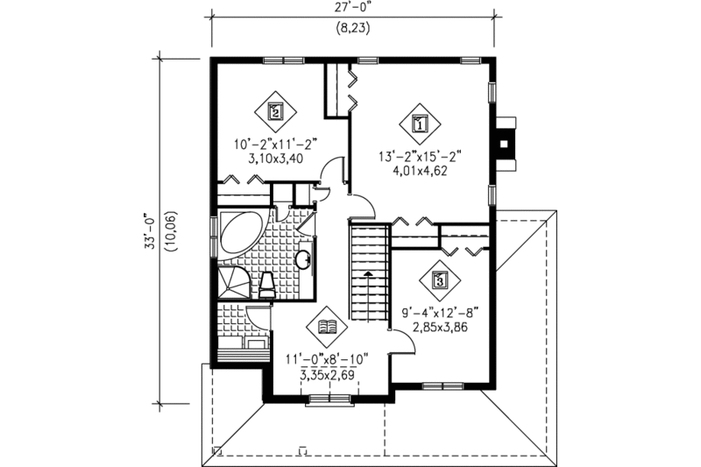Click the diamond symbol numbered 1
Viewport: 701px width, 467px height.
[x=419, y=124]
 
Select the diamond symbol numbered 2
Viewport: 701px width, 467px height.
[x=275, y=111]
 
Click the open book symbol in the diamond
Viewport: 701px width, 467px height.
[x=327, y=328]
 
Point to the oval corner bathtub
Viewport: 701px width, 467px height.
[x=236, y=231]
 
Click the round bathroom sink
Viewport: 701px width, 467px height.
[x=302, y=259]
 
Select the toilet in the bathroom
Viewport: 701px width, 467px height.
[x=269, y=285]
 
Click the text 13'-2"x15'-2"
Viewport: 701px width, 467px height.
[x=419, y=158]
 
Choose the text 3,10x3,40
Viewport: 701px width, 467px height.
[x=268, y=160]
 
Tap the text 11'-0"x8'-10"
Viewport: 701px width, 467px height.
[x=327, y=357]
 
